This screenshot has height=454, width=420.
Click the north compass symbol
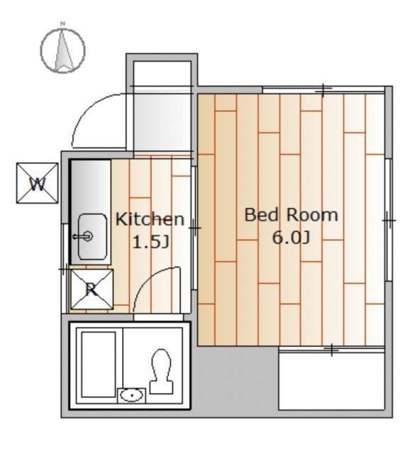point(62,50)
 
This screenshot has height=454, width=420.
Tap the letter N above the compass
point(62,23)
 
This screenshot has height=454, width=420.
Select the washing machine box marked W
point(37,183)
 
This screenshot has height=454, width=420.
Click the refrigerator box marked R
point(92,289)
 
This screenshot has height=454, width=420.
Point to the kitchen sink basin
point(92,236)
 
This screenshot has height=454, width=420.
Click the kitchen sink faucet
point(83,236)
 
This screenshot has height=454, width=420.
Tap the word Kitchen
point(150,219)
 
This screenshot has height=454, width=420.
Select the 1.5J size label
point(150,242)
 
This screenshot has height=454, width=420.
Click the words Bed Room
point(292,215)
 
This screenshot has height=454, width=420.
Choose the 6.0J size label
point(291,238)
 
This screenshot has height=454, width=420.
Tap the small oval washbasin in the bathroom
point(132,395)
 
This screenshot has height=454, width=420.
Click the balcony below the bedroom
point(331,379)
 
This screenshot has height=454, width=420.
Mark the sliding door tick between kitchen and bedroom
point(195,228)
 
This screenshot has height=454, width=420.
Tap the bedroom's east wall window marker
point(389,221)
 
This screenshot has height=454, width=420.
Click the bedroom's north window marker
point(324,90)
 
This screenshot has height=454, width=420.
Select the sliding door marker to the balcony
point(332,350)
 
